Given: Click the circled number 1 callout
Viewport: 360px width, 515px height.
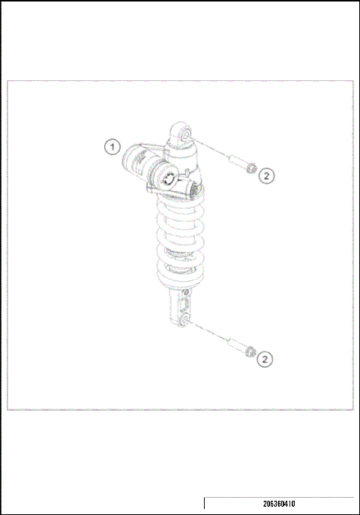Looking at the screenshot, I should [112, 147].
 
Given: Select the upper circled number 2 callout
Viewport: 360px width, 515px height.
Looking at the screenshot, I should [268, 175].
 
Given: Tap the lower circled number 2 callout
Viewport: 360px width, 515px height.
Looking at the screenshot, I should [264, 360].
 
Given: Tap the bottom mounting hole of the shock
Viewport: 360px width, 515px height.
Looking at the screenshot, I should [184, 321].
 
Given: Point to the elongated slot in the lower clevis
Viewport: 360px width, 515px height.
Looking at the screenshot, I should [182, 304].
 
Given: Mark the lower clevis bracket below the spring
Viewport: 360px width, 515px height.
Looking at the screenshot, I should [183, 307].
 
